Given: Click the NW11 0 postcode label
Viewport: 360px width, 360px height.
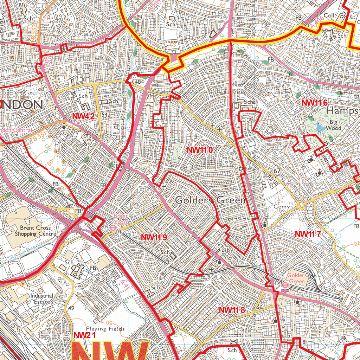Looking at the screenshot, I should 200,150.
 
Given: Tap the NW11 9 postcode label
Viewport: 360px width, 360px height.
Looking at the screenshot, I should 154,238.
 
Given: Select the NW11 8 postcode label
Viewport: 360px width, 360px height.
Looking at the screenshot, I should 231,310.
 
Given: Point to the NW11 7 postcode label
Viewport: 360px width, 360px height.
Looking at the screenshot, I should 308,234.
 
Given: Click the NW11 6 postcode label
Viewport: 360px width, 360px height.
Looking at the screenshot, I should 315,103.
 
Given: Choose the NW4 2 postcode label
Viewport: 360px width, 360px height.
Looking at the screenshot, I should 84,117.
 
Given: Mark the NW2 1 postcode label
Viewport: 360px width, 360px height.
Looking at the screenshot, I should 85,336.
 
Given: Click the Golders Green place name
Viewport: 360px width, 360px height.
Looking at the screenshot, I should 210,200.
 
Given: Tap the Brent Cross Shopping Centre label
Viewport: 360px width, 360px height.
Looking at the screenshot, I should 35,231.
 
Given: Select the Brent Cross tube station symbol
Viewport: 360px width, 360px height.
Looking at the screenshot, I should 113,227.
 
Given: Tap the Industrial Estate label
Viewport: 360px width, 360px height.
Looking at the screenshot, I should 41,299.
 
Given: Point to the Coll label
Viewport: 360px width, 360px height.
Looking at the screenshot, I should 329,15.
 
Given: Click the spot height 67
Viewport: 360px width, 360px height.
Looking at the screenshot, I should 277,171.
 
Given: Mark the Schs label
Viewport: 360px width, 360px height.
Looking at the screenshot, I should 249,102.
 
